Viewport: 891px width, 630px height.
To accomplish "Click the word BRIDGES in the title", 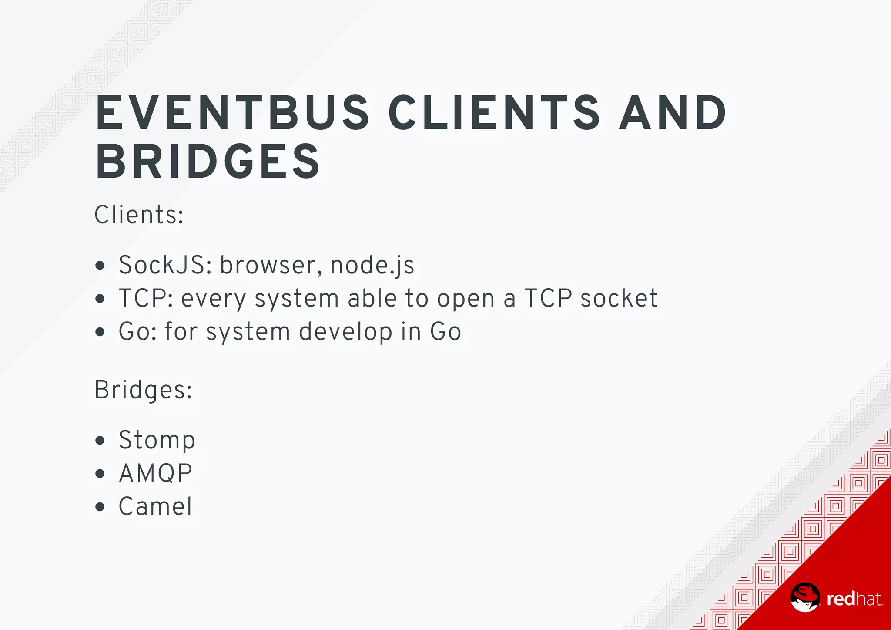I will [x=208, y=162].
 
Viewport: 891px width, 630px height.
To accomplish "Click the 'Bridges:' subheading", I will [x=143, y=390].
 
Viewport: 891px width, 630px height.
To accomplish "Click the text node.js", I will [x=372, y=266].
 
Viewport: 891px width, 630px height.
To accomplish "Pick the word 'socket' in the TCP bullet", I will [x=619, y=298].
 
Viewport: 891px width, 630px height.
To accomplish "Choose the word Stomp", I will [x=157, y=440].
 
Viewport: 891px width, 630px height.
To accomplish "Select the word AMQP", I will [x=155, y=473].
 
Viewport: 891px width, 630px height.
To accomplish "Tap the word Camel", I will [x=155, y=506].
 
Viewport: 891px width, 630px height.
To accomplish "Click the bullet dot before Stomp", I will [x=100, y=440].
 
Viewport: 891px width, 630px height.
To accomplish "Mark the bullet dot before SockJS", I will [x=100, y=265].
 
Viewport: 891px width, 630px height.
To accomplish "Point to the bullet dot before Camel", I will [x=100, y=507].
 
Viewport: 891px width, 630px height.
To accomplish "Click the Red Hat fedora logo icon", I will [x=805, y=597].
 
